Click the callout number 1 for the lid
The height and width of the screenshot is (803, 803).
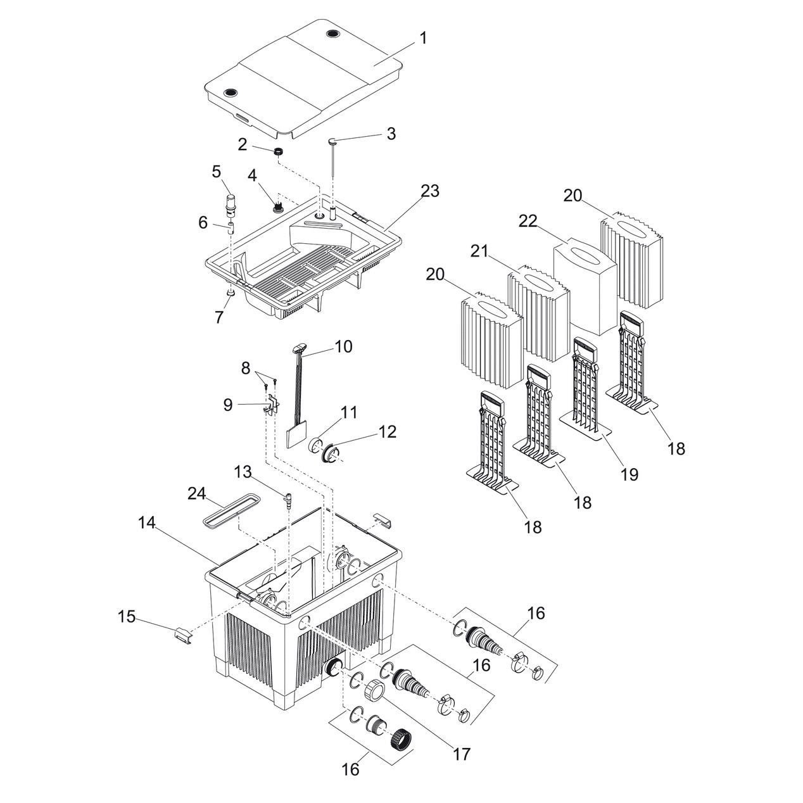point(423,38)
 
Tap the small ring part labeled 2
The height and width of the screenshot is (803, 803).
point(277,151)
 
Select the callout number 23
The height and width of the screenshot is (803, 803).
point(431,191)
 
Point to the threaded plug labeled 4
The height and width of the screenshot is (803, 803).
point(277,206)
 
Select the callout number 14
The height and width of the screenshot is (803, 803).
point(147,522)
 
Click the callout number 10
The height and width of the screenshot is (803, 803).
point(343,347)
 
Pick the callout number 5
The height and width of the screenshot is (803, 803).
point(216,171)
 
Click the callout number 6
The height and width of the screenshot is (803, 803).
point(203,222)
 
